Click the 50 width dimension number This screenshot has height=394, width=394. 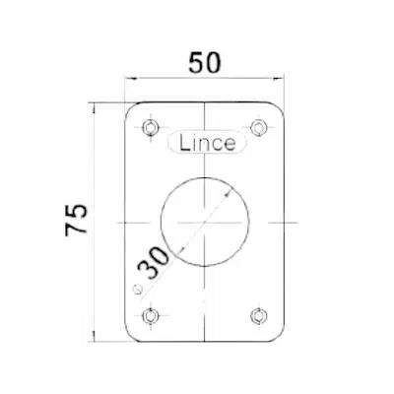tap(205, 63)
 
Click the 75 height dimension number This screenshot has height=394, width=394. tap(76, 220)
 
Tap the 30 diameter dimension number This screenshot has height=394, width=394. tap(154, 263)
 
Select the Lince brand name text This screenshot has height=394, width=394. tap(207, 143)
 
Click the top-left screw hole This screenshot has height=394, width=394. tap(151, 127)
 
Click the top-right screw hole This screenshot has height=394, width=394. tap(258, 127)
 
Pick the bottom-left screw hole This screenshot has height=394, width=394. tap(151, 316)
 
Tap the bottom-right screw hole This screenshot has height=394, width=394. tap(258, 316)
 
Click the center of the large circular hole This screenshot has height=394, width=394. tap(205, 223)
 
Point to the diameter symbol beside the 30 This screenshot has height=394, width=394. tap(137, 289)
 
